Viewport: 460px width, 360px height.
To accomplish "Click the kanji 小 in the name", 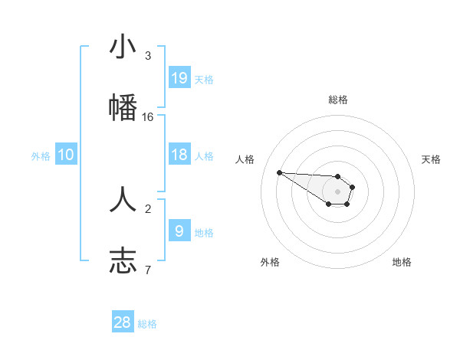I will pos(123,47).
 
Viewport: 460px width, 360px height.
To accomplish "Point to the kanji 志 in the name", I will pos(123,260).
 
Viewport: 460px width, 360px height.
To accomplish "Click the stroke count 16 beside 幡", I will pos(148,116).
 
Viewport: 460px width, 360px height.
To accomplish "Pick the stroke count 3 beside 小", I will pos(148,56).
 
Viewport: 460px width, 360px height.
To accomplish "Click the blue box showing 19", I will pos(179,78).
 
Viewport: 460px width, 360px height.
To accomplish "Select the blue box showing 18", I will pos(179,155).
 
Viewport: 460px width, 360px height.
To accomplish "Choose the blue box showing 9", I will pos(179,231).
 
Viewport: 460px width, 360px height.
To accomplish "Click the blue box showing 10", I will pos(66,155).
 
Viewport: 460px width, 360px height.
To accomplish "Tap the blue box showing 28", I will pos(123,322).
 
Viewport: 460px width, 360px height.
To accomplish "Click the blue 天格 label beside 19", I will pos(204,79).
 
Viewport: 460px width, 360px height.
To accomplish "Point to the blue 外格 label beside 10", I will pos(41,155).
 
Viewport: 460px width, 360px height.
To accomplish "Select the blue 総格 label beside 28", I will pos(147,323).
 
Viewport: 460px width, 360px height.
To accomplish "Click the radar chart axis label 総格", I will pos(338,100).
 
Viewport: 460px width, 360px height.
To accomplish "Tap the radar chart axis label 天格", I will pos(431,159).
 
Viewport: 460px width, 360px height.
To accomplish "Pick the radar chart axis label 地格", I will pos(402,262).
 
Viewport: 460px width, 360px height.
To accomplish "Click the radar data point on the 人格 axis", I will pos(279,172).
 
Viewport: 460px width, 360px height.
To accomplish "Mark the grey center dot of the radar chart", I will pos(337,191).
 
